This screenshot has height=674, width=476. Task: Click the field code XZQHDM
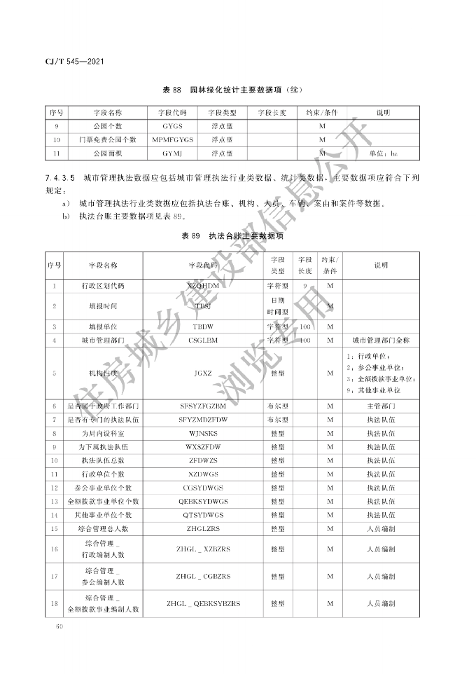pos(203,286)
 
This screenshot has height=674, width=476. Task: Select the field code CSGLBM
pos(203,340)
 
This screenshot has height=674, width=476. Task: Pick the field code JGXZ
pos(203,373)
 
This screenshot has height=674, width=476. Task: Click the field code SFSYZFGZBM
pos(203,406)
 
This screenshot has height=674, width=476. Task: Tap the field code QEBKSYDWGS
pos(203,501)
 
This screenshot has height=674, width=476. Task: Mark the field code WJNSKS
pos(203,433)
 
